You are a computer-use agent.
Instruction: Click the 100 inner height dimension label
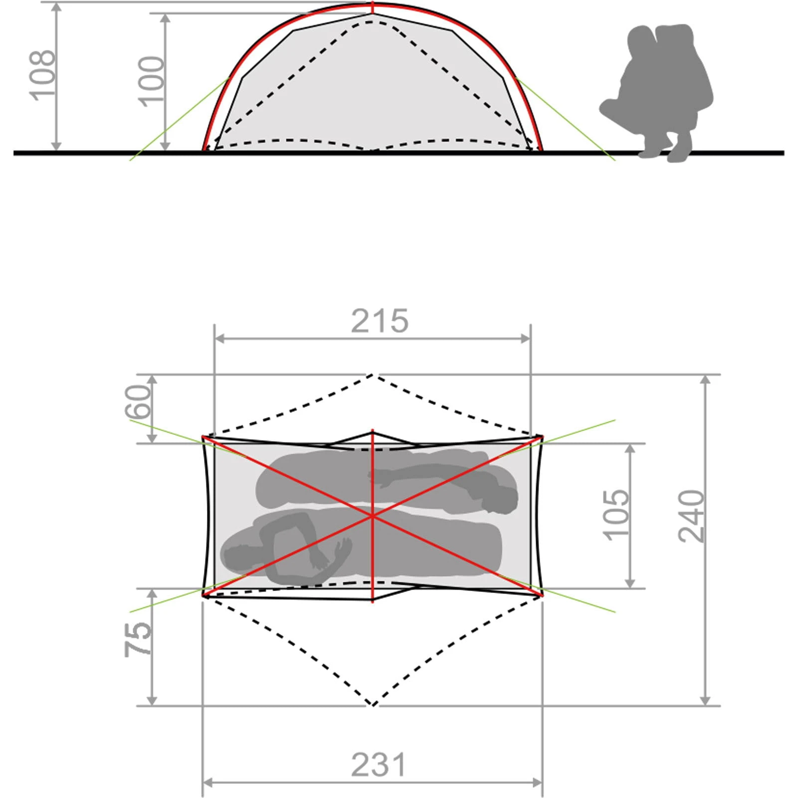(151, 81)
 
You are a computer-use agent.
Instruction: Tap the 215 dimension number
(380, 321)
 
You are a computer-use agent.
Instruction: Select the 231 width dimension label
(379, 765)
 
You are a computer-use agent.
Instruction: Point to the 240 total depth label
(692, 516)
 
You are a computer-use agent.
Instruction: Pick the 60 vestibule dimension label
(138, 401)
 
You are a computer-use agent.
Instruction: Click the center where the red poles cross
(373, 516)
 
